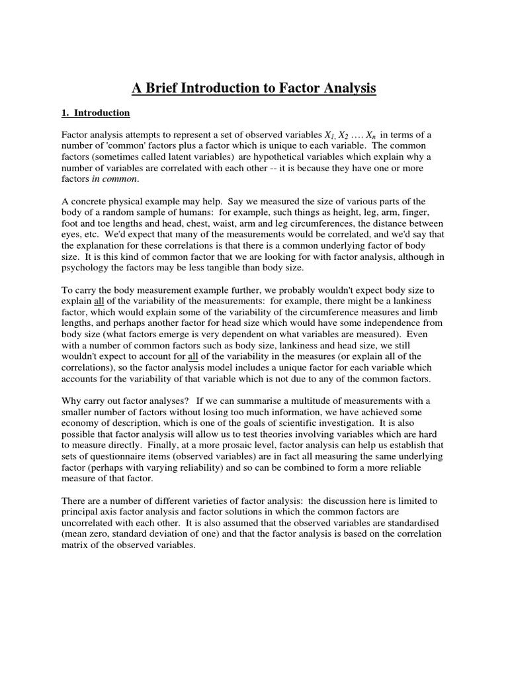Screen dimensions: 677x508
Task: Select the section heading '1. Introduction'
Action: click(x=96, y=113)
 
